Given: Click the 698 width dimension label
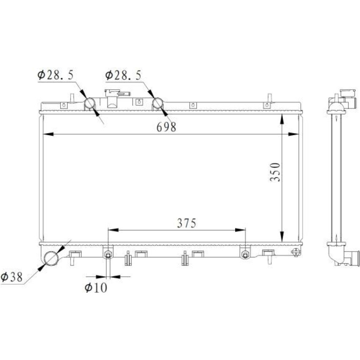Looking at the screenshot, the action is [x=166, y=127].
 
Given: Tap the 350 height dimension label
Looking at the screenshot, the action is [x=275, y=172].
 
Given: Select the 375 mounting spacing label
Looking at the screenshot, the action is [x=187, y=223].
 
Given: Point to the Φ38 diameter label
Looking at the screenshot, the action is [x=12, y=277].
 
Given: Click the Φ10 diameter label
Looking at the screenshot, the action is [x=96, y=288].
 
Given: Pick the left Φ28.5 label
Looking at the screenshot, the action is [x=55, y=75].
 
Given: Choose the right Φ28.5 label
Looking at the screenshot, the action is [x=123, y=75].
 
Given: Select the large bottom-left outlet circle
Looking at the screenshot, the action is [x=51, y=258].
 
